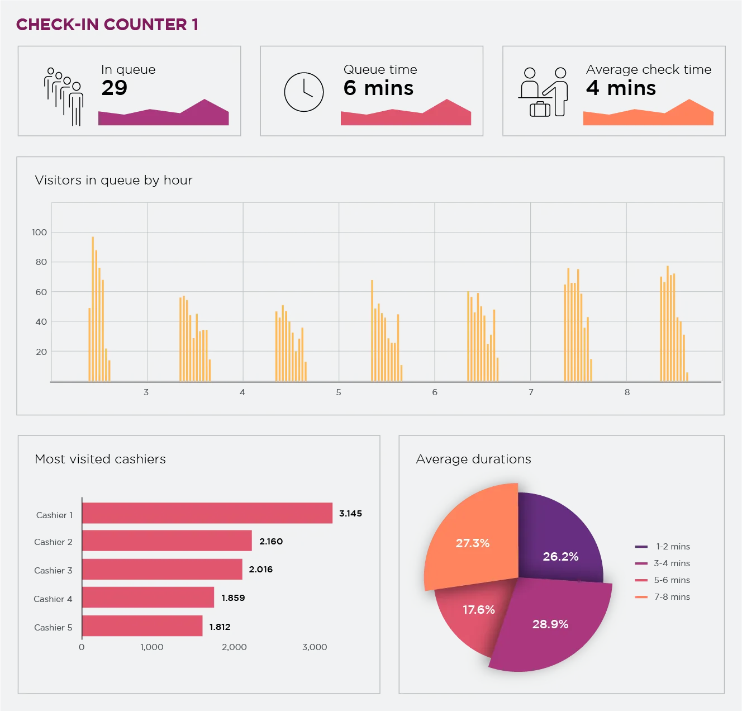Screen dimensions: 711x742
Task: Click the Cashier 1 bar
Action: (207, 513)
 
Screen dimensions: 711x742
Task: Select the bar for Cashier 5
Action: (142, 626)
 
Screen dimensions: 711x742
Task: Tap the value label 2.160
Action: (271, 541)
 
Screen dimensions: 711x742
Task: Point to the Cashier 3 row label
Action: (53, 570)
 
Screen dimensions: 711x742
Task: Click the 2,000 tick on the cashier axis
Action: (234, 647)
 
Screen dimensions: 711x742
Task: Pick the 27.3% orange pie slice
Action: (473, 543)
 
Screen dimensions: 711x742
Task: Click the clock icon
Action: (304, 92)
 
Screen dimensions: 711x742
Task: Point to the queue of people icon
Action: (64, 96)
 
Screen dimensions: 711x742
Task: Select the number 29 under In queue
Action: (115, 88)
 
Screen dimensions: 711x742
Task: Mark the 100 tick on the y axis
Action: (39, 232)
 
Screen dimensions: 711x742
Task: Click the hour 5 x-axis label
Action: (339, 392)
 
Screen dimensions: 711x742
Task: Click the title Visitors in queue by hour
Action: (113, 180)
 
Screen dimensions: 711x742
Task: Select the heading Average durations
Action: (473, 459)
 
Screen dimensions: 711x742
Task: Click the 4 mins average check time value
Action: (621, 88)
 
